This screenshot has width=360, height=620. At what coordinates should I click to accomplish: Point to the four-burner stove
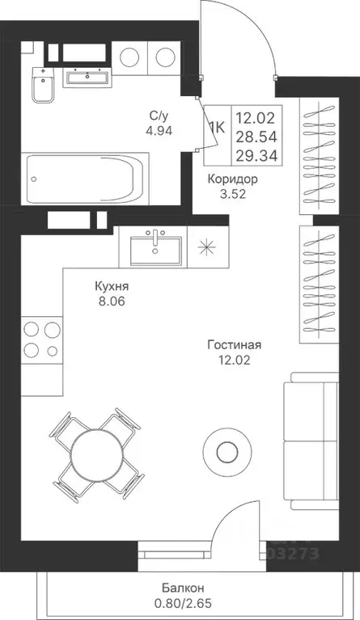pos(41,340)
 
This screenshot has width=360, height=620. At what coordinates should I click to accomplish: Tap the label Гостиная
pos(234,344)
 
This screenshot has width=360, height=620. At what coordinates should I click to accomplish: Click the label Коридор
pos(231,179)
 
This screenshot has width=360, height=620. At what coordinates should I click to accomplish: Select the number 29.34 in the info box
pos(254,154)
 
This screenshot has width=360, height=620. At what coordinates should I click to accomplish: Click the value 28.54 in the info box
pos(254,135)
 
